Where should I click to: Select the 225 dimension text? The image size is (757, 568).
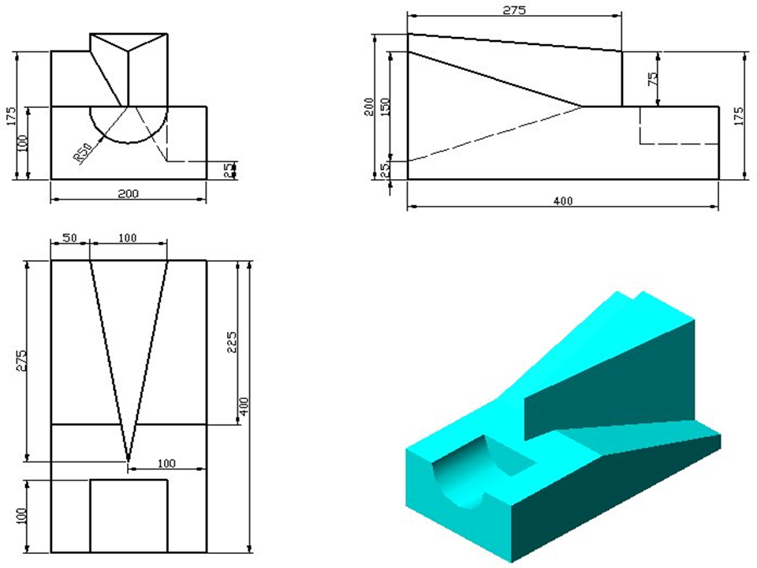(232, 342)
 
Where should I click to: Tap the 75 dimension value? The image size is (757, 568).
(652, 79)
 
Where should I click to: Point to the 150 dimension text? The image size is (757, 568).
(385, 106)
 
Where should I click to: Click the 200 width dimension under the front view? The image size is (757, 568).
(128, 194)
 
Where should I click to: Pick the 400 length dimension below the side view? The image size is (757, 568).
(563, 200)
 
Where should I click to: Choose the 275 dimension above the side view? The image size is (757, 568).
(514, 10)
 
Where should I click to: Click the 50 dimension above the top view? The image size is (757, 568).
(70, 237)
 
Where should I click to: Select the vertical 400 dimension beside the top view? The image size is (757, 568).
(244, 406)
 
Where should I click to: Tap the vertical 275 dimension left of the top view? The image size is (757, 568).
(22, 361)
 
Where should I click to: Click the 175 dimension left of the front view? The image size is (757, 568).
(10, 117)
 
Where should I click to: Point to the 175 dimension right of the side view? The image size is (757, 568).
(739, 117)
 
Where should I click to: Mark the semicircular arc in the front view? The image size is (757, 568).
(129, 143)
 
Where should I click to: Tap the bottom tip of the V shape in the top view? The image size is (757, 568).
(128, 459)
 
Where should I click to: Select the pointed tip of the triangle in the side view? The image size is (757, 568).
(581, 106)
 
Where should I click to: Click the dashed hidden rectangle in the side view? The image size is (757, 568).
(679, 125)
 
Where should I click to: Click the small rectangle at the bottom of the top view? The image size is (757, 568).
(129, 516)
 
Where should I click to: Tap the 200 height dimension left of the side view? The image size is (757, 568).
(369, 106)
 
